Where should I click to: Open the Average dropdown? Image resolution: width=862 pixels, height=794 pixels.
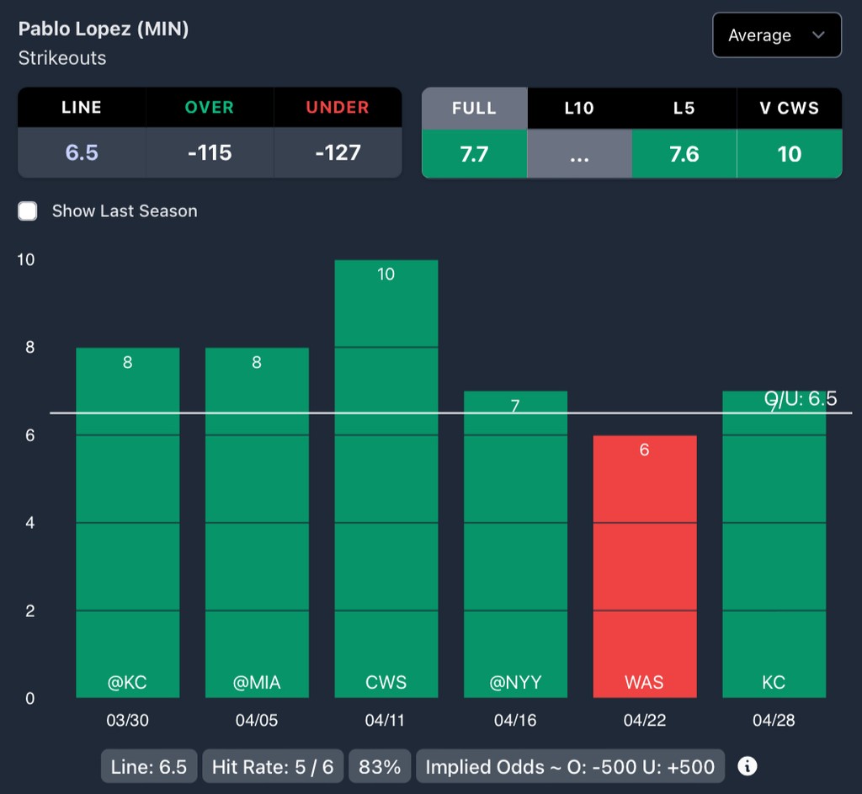(776, 35)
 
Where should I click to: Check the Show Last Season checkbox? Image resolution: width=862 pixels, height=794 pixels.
(29, 211)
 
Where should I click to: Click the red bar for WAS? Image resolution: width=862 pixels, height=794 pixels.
(644, 566)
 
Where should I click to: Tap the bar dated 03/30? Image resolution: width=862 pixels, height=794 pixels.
(127, 522)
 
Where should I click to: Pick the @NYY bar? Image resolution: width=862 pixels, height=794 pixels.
(515, 544)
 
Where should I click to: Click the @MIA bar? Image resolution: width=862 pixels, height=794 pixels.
(257, 522)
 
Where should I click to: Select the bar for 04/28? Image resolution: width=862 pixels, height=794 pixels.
(774, 544)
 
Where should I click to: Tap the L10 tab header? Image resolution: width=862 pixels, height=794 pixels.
(579, 109)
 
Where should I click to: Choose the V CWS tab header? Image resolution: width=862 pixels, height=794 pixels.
(789, 109)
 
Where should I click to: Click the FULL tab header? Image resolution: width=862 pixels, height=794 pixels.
(474, 109)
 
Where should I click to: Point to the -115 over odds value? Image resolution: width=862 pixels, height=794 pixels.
(210, 153)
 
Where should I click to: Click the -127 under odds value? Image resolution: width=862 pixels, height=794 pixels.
(338, 153)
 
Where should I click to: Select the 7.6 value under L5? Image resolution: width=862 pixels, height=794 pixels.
(684, 154)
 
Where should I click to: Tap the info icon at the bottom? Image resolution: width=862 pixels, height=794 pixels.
(747, 766)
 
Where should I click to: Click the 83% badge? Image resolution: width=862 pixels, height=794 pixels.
(380, 767)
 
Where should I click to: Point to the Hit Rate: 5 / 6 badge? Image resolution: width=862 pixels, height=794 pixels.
(273, 767)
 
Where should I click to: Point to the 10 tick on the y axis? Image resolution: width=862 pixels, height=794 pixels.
(26, 259)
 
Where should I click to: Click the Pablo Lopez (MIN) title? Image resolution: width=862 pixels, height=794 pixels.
(104, 29)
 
